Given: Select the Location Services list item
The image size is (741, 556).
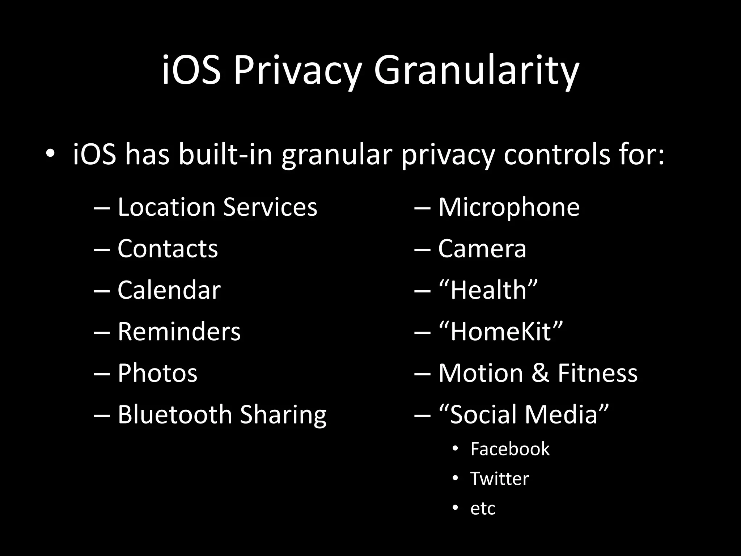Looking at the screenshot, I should pyautogui.click(x=217, y=207).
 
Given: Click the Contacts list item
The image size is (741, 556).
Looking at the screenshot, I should pyautogui.click(x=168, y=249).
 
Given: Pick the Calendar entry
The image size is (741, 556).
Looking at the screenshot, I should pyautogui.click(x=169, y=290).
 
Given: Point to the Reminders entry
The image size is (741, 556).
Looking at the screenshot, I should pyautogui.click(x=179, y=332).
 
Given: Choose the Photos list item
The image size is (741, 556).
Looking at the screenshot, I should pyautogui.click(x=157, y=373).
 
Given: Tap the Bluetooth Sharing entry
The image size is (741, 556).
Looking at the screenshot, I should pyautogui.click(x=222, y=414).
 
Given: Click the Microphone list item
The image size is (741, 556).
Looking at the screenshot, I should pyautogui.click(x=509, y=207).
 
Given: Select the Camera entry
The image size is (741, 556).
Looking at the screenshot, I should pyautogui.click(x=482, y=249).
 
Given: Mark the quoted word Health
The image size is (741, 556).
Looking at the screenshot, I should pyautogui.click(x=488, y=290).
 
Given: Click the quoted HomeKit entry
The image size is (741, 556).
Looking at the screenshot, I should pyautogui.click(x=501, y=332).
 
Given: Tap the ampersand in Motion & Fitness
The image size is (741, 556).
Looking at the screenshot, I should pyautogui.click(x=540, y=373).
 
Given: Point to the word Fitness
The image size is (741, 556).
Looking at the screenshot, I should pyautogui.click(x=597, y=373).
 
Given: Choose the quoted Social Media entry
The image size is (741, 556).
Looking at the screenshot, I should pyautogui.click(x=524, y=414).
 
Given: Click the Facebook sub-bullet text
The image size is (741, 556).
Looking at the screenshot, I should pyautogui.click(x=510, y=449).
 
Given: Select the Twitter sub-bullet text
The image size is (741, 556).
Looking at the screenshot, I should pyautogui.click(x=499, y=479).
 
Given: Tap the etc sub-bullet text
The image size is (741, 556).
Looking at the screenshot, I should pyautogui.click(x=483, y=509).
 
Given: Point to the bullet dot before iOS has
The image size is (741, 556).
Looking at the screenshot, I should pyautogui.click(x=50, y=154).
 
